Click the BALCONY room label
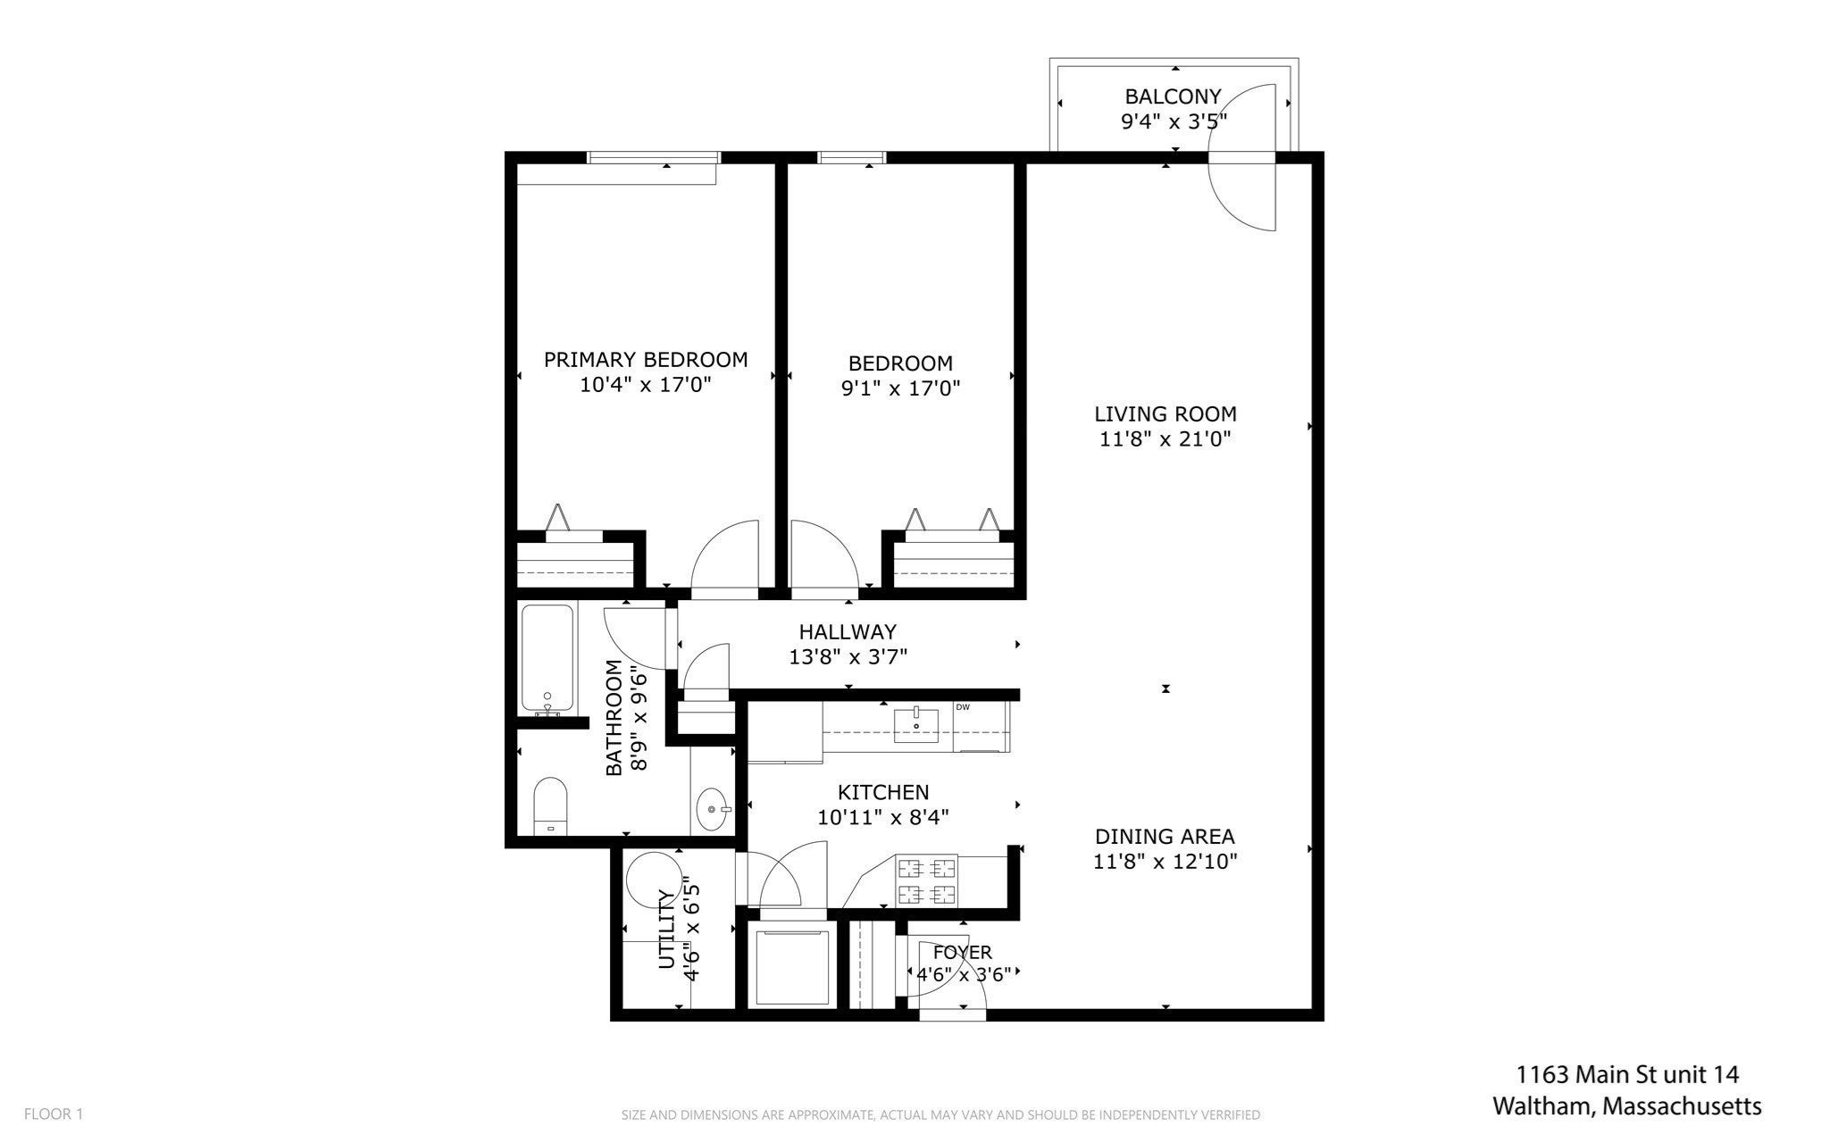[1173, 96]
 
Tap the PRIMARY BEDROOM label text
[646, 360]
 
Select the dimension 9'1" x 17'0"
[900, 388]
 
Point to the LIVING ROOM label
[1165, 414]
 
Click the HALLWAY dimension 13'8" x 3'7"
[848, 657]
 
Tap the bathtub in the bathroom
[547, 661]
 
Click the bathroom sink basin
[714, 809]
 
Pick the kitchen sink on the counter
[917, 723]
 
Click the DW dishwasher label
[963, 707]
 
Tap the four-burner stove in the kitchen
[926, 880]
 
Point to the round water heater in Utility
[652, 879]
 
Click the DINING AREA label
[1165, 837]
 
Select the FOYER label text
[963, 953]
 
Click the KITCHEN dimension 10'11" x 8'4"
[882, 816]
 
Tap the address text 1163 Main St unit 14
[1627, 1074]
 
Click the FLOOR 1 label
[54, 1114]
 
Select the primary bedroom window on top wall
[654, 158]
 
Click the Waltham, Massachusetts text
[1627, 1106]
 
